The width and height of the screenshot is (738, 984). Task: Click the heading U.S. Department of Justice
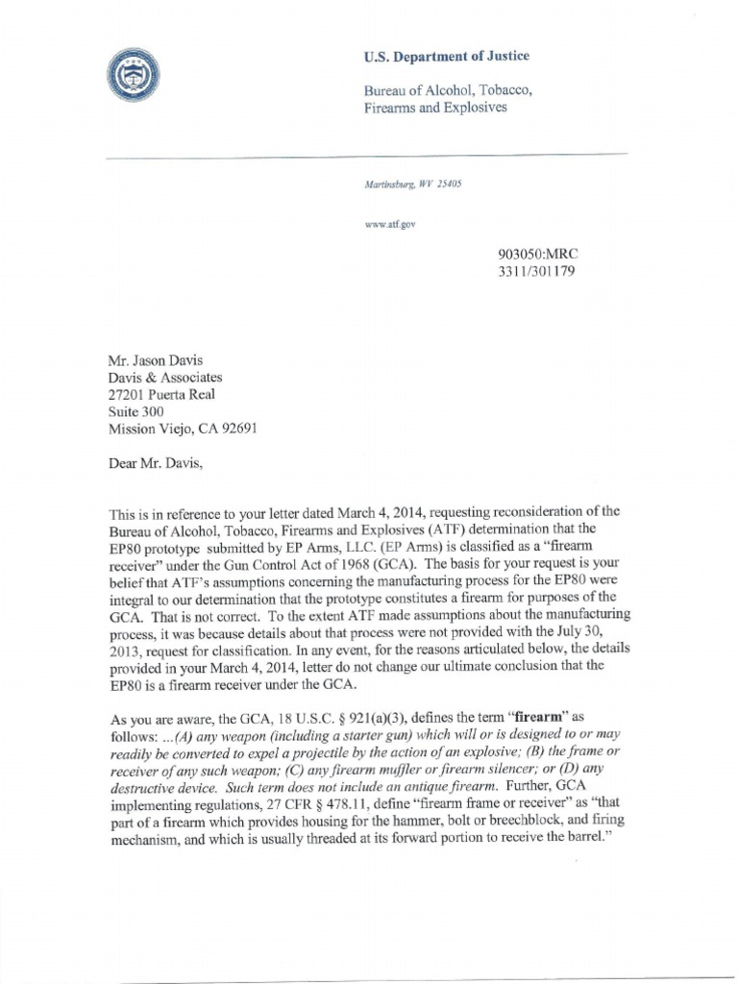click(446, 57)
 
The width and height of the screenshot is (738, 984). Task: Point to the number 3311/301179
click(538, 271)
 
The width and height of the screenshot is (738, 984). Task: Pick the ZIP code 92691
click(234, 429)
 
